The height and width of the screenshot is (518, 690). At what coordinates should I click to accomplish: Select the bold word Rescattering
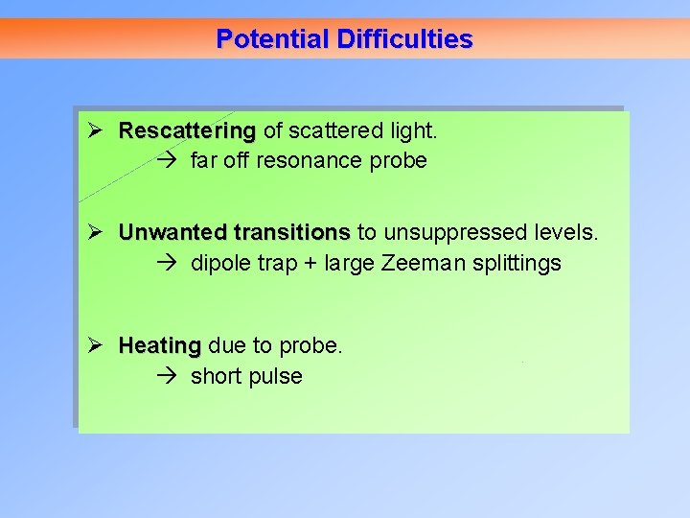[x=187, y=129]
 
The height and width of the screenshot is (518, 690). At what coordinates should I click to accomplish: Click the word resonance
[x=307, y=160]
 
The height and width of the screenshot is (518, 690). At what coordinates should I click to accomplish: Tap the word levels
[x=566, y=232]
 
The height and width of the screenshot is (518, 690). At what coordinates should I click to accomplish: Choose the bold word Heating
[x=160, y=345]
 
